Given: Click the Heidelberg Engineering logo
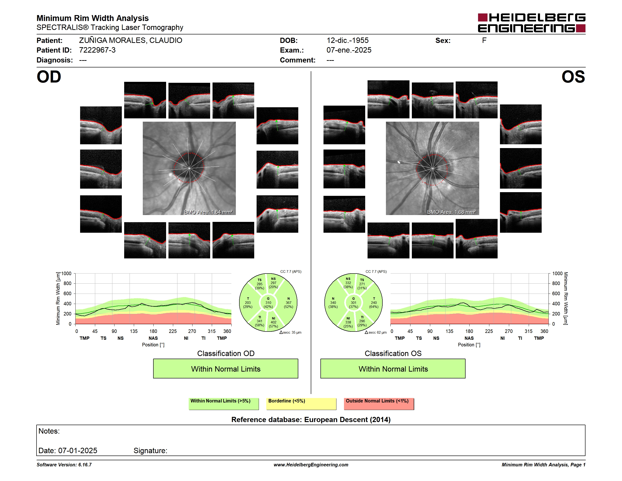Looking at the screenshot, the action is [532, 23].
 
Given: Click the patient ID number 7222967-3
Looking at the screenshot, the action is [97, 50].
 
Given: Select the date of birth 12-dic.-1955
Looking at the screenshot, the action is [348, 41].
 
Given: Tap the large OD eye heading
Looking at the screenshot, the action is [49, 77].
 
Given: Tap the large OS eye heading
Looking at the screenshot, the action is [573, 77].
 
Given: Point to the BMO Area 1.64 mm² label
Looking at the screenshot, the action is [208, 212].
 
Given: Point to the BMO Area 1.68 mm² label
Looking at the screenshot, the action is [451, 212].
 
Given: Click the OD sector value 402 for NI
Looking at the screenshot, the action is [273, 322].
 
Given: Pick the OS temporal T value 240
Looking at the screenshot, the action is [374, 303].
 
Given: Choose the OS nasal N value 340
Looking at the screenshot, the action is [333, 303].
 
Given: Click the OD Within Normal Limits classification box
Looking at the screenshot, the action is [225, 369].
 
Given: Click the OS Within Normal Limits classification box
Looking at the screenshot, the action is [393, 369].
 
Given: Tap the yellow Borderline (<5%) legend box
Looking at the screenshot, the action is [301, 404].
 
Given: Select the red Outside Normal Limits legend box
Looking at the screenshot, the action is [379, 404].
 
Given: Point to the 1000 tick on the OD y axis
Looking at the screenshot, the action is [66, 274].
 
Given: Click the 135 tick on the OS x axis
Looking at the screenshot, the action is [449, 331].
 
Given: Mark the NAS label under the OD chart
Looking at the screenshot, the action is [153, 338].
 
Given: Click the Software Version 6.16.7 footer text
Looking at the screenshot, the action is [64, 465].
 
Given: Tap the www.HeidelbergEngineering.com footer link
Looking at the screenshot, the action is [311, 465].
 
